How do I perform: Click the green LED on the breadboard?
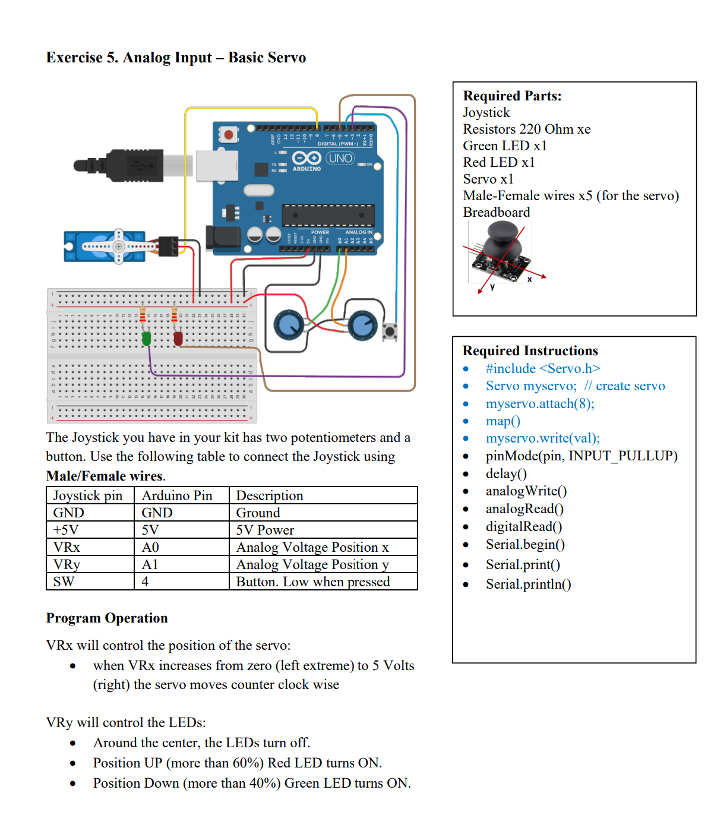pos(146,339)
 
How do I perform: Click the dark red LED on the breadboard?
pos(178,339)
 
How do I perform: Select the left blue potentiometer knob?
pos(289,324)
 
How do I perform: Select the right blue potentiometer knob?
pos(362,324)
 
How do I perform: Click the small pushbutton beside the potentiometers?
pos(390,331)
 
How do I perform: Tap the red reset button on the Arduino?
pos(228,134)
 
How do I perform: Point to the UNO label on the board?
pos(340,158)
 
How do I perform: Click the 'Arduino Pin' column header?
pos(177,495)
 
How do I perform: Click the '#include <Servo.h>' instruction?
pos(542,368)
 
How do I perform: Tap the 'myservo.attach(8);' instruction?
pos(539,403)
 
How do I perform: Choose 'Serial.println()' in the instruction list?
pos(528,584)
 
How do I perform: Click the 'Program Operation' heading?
pos(107,618)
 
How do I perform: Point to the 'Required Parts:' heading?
pos(512,96)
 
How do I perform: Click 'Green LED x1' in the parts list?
pos(504,146)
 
